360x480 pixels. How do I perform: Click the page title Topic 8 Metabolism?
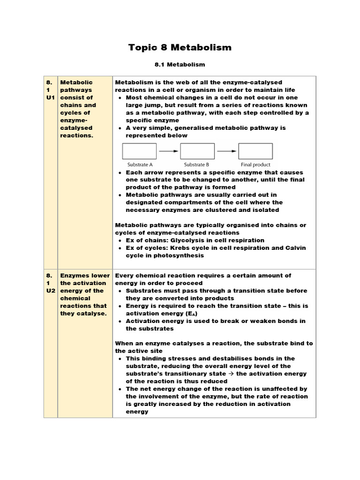click(180, 47)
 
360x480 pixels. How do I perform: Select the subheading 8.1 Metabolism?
click(180, 64)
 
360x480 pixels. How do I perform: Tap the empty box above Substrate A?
click(139, 151)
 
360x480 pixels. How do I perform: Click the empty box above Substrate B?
click(197, 151)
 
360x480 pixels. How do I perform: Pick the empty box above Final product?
click(255, 151)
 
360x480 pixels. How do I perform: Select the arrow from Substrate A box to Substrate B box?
click(168, 151)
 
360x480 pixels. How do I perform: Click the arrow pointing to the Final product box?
click(226, 151)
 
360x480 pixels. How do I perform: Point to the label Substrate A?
click(140, 165)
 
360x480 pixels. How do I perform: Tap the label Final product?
click(255, 165)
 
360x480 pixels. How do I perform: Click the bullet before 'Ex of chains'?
click(120, 240)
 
